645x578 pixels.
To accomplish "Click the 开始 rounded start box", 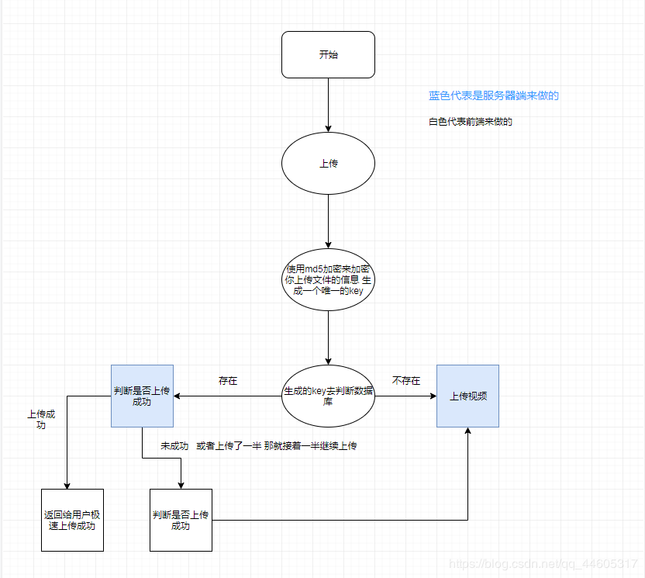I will click(328, 54).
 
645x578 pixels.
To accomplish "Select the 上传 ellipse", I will click(328, 164).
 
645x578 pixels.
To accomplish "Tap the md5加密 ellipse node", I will click(328, 279).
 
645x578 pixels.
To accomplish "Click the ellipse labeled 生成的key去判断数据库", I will click(328, 396).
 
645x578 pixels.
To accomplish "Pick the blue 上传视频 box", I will click(467, 396).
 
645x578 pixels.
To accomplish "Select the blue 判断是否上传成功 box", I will click(142, 396).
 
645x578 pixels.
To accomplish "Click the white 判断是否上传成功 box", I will click(181, 520).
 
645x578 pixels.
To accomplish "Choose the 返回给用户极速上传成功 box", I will click(72, 520).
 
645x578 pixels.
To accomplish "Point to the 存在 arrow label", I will click(228, 382).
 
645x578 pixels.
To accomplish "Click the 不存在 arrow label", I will click(406, 381).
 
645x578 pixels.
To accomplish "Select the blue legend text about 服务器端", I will click(494, 96).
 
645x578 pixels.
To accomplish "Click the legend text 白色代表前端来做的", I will click(471, 122).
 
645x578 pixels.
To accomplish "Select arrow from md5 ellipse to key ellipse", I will click(328, 334).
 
